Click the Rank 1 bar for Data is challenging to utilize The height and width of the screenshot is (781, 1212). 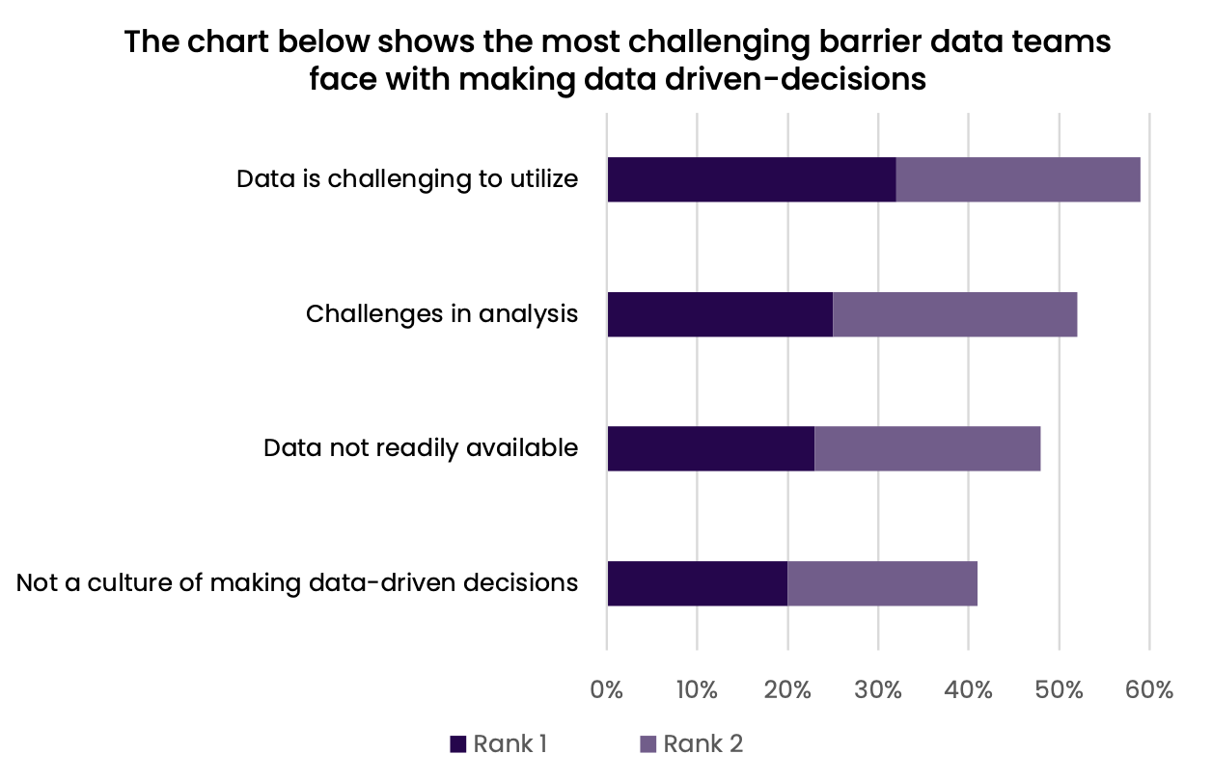751,179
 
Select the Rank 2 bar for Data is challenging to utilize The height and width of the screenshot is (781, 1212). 1018,179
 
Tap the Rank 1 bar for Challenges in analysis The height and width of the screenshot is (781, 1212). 720,314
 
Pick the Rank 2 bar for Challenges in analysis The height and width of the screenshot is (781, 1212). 954,314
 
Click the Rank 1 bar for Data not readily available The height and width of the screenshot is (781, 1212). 710,448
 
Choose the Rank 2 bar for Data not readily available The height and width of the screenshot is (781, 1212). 927,448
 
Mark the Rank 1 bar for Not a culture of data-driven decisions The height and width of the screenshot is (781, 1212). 697,583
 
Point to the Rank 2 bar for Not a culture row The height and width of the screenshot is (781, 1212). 882,583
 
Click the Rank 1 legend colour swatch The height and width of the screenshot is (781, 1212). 458,744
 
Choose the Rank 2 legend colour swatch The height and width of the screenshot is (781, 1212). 648,744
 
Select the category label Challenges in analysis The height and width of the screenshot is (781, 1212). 442,314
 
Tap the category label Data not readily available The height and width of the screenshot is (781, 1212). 421,448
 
